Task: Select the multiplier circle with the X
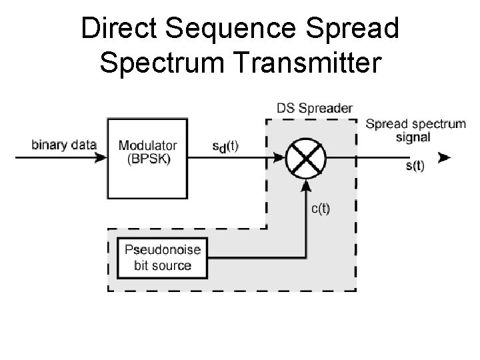tap(306, 157)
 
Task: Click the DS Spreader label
tap(315, 107)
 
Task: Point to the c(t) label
tap(321, 208)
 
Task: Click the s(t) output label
tap(414, 165)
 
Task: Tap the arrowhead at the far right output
tap(444, 158)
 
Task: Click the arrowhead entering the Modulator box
tap(101, 158)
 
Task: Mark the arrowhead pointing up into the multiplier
tap(306, 184)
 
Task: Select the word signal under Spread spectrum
tap(413, 137)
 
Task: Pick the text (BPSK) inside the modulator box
tap(147, 158)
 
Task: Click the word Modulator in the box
tap(148, 145)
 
